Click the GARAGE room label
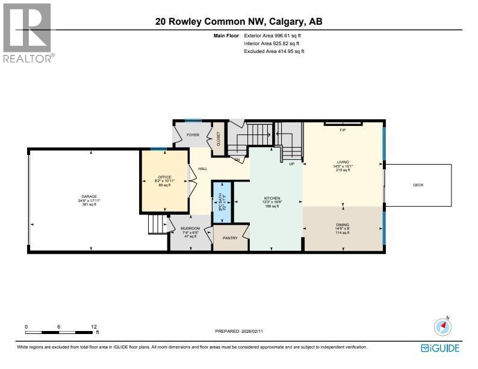[89, 197]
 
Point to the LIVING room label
[343, 162]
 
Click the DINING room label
[343, 224]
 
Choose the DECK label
[418, 185]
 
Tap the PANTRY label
[231, 238]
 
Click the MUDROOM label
[190, 229]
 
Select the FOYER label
[193, 135]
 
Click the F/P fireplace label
[343, 130]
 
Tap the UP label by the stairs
[291, 163]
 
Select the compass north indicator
[442, 326]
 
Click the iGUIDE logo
[441, 348]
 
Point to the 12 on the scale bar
[93, 326]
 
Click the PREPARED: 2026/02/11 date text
[239, 331]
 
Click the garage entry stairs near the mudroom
[158, 225]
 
